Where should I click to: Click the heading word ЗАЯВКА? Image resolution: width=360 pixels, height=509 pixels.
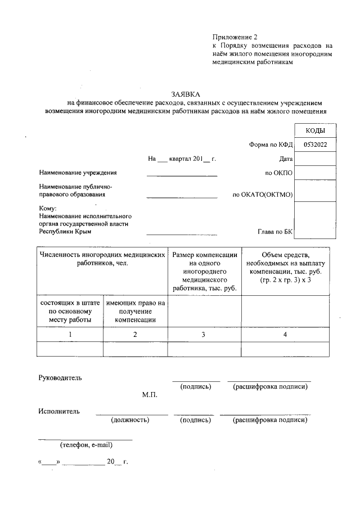[x=186, y=94]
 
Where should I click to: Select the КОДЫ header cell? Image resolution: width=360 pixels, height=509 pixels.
[x=314, y=130]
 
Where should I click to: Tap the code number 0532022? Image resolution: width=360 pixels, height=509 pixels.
[x=315, y=145]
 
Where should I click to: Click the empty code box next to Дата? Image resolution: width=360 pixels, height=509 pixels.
[x=315, y=159]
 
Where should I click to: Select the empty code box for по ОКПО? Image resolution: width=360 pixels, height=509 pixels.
[x=315, y=173]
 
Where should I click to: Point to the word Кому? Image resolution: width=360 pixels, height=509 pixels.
[x=48, y=209]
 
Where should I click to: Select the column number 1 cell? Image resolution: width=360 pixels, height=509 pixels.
[x=70, y=335]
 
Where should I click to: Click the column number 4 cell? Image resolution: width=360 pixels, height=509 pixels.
[x=285, y=335]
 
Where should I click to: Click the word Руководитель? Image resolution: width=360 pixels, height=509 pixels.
[x=60, y=378]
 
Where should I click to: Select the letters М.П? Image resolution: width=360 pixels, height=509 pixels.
[x=149, y=395]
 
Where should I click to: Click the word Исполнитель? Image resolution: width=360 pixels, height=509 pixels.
[x=59, y=411]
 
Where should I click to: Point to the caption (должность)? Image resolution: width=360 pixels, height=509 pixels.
[x=130, y=420]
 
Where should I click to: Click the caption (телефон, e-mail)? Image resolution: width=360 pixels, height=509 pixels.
[x=87, y=445]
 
